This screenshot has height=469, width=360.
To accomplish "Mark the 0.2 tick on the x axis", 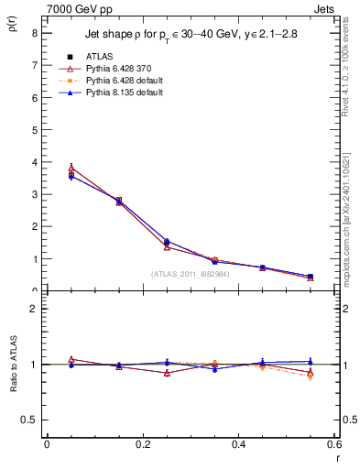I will tap(142, 443).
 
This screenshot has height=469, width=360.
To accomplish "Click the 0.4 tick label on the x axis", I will tap(238, 443).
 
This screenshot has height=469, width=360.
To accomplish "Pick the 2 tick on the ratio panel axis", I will tap(35, 309).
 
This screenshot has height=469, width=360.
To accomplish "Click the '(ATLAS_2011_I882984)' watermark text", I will tap(190, 273).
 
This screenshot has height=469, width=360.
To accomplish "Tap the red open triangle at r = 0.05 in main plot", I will tap(71, 168).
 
